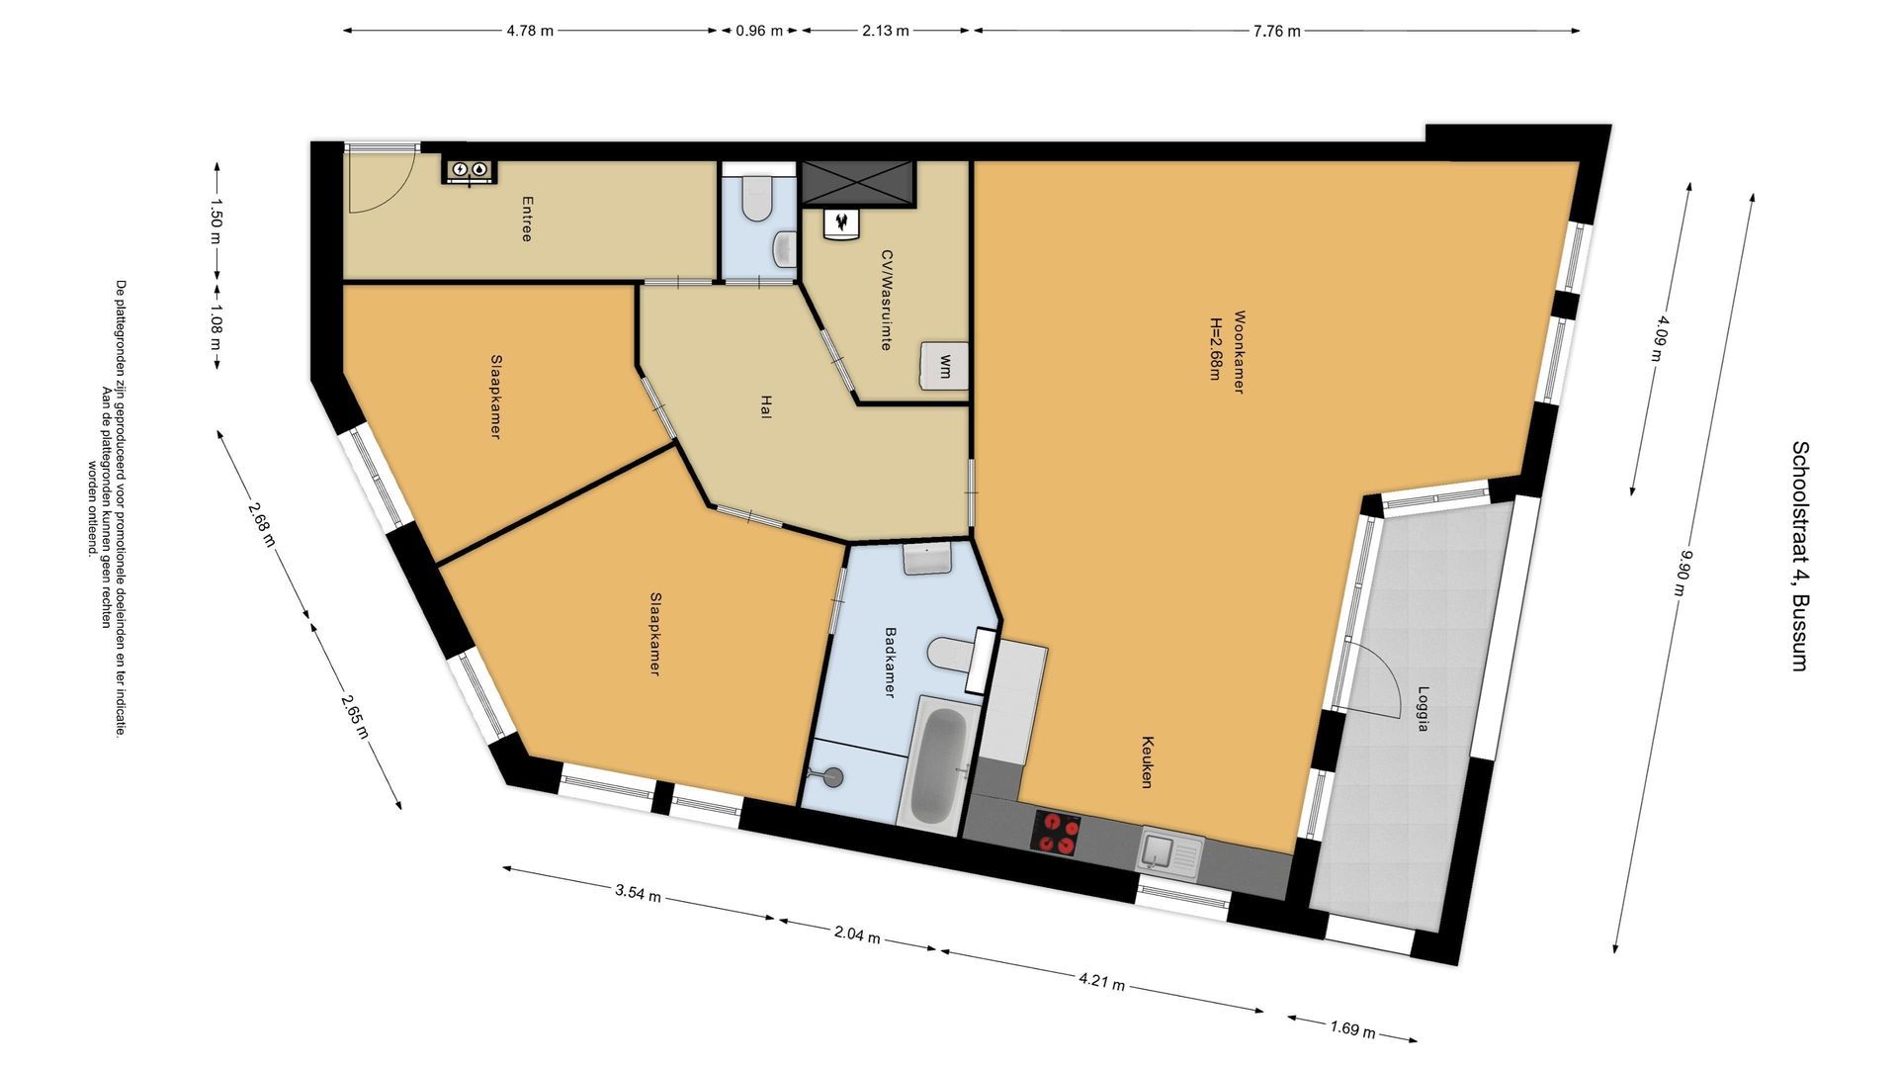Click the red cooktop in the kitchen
coord(1056,832)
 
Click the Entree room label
coord(527,219)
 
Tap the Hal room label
coord(765,407)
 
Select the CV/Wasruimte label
coord(887,300)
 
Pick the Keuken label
coord(1148,761)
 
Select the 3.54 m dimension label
coord(637,894)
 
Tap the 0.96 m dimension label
coord(758,31)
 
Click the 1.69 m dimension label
coord(1352,1029)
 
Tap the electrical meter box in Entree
coord(469,170)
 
